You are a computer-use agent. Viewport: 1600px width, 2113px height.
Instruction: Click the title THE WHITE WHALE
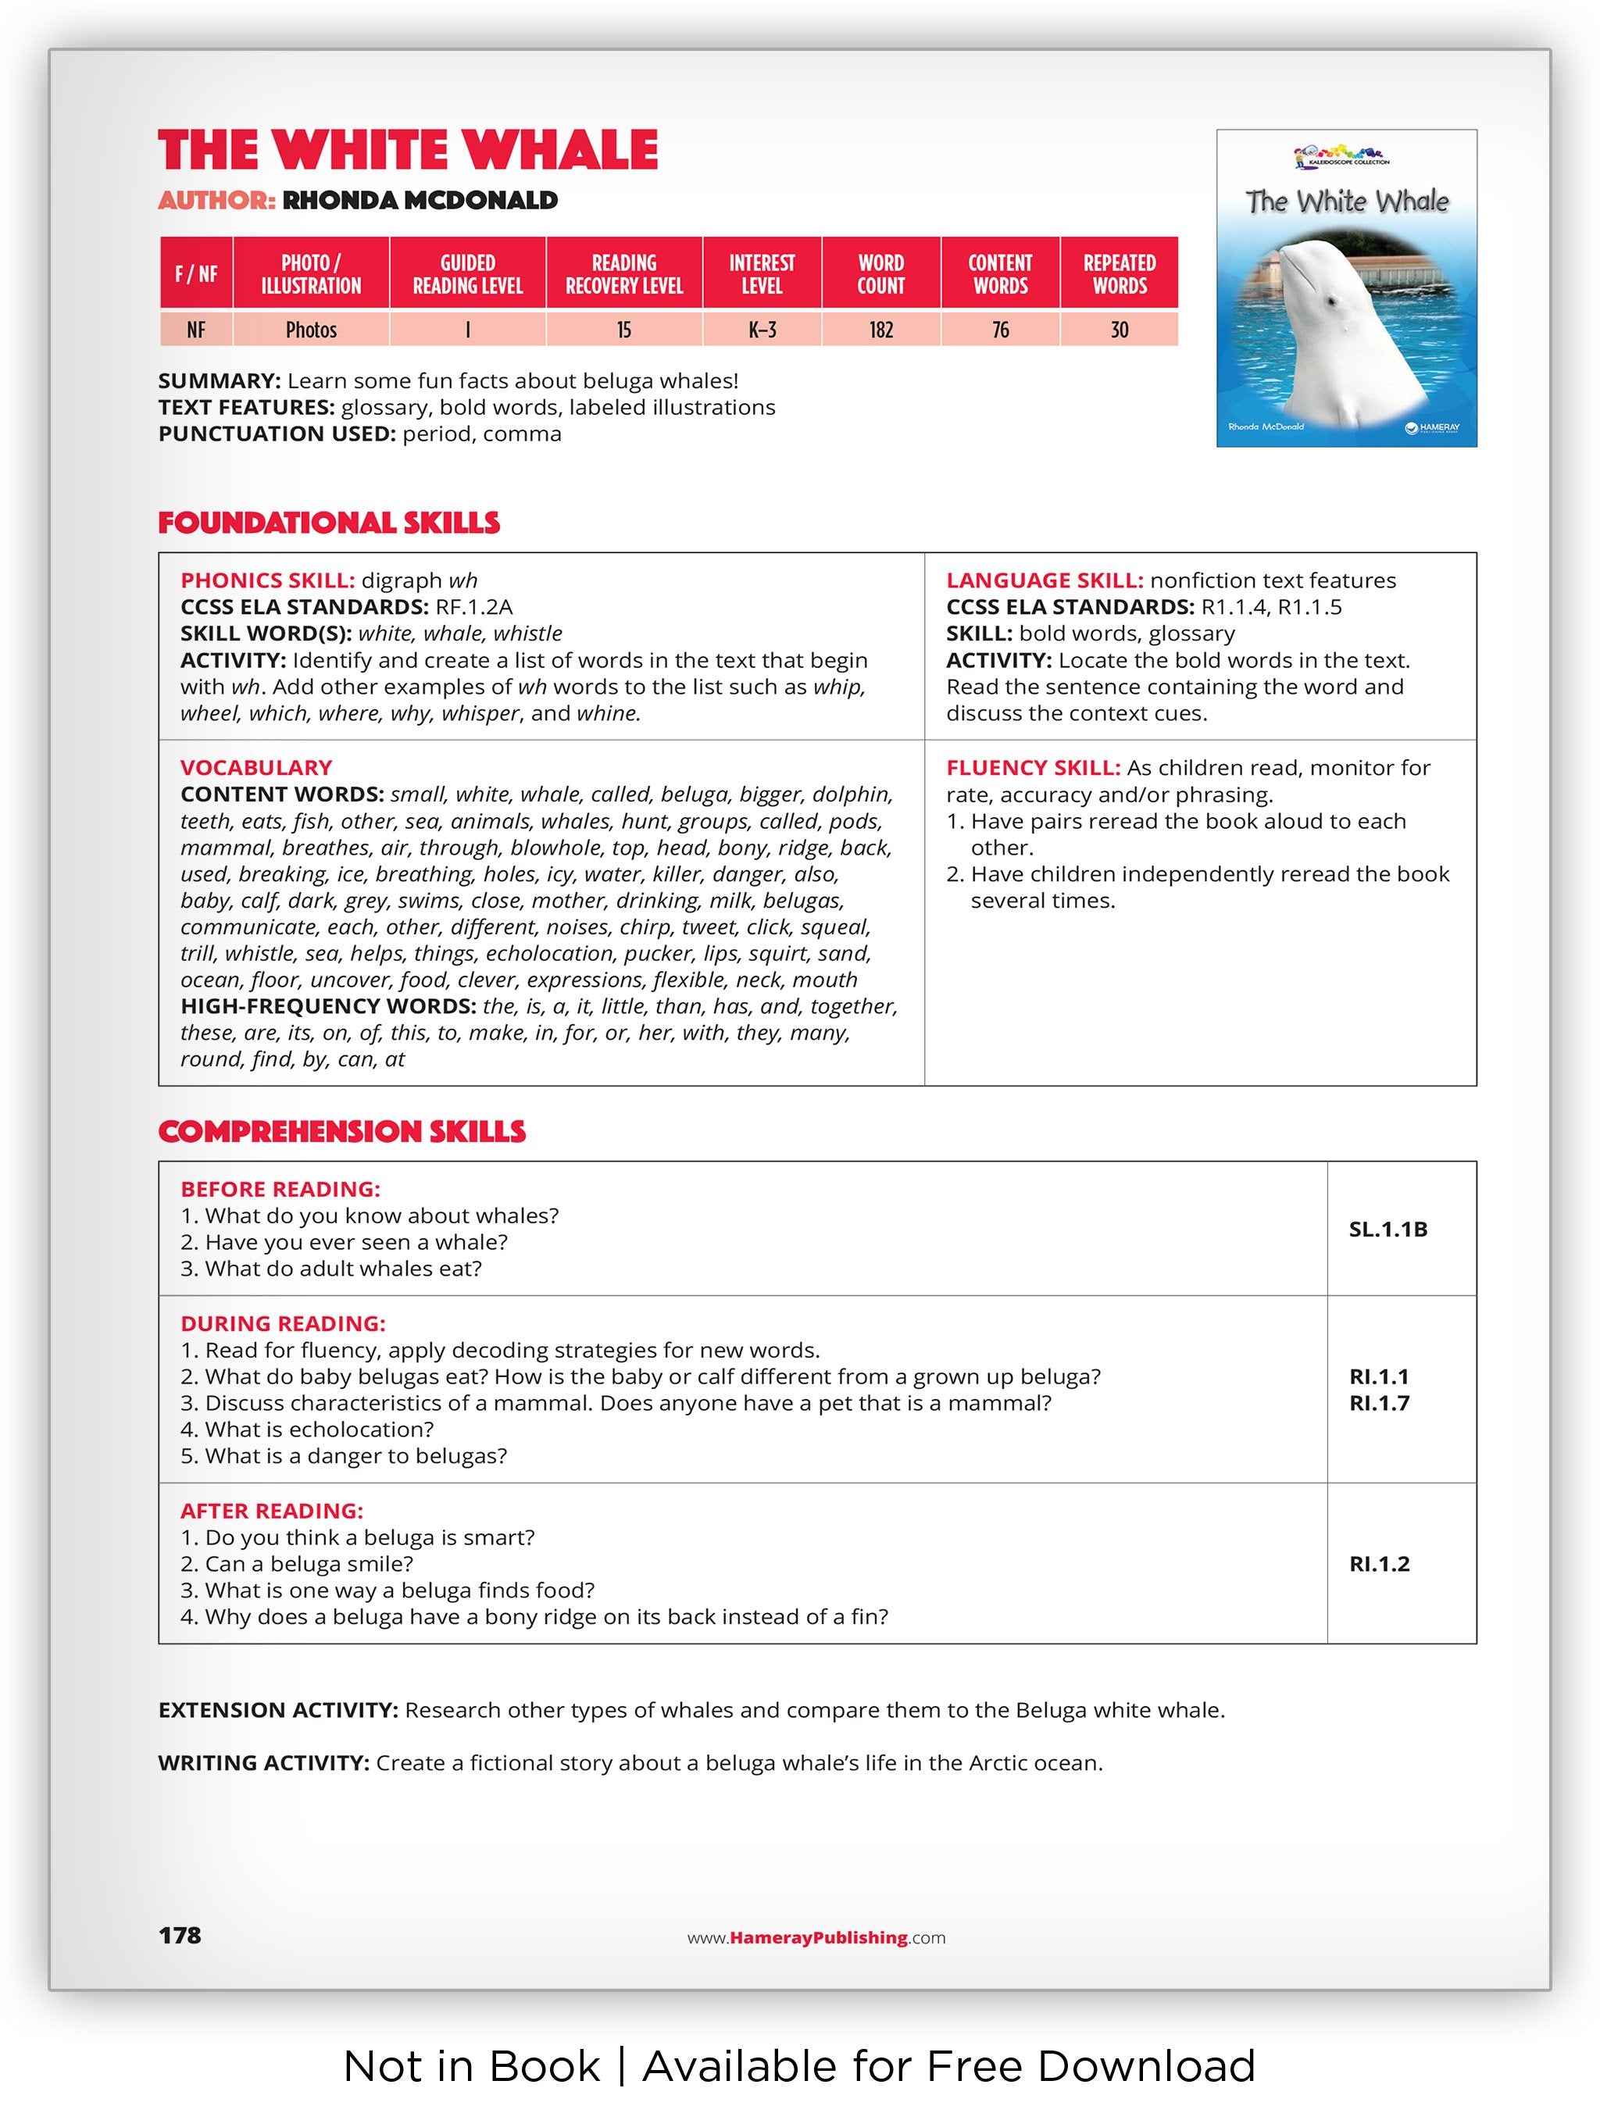pyautogui.click(x=408, y=151)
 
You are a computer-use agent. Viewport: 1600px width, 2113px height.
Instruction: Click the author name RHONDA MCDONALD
pyautogui.click(x=420, y=201)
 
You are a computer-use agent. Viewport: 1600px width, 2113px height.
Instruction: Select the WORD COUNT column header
pyautogui.click(x=880, y=274)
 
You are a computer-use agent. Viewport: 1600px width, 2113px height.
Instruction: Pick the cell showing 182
pyautogui.click(x=880, y=330)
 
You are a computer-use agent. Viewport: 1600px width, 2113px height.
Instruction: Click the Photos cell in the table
pyautogui.click(x=312, y=330)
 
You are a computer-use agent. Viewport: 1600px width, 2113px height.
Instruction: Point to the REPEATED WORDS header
pyautogui.click(x=1119, y=274)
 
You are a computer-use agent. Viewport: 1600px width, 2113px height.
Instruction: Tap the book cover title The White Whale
pyautogui.click(x=1346, y=202)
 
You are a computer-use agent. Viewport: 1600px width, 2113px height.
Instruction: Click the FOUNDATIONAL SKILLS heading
pyautogui.click(x=329, y=523)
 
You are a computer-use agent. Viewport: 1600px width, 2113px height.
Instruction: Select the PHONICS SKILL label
pyautogui.click(x=267, y=581)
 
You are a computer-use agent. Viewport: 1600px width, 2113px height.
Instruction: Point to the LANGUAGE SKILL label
pyautogui.click(x=1044, y=581)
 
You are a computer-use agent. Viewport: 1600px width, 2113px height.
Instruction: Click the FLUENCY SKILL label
pyautogui.click(x=1033, y=768)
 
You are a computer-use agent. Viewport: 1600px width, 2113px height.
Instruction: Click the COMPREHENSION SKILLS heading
pyautogui.click(x=342, y=1132)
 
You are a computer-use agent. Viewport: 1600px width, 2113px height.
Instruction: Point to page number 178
pyautogui.click(x=180, y=1936)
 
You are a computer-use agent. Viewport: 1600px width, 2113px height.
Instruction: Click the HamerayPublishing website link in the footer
pyautogui.click(x=816, y=1938)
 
